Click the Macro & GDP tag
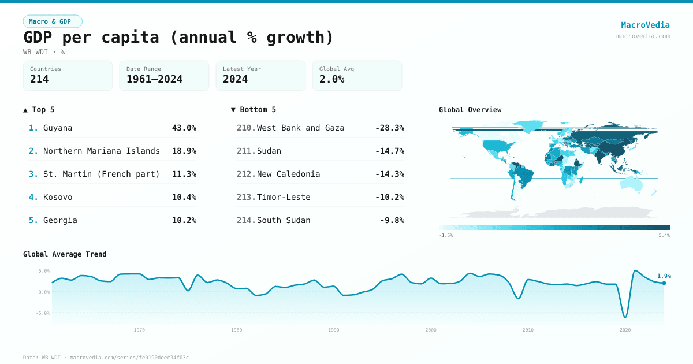coord(53,21)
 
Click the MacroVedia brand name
coord(645,25)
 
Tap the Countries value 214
coord(39,79)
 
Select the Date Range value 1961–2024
coord(154,79)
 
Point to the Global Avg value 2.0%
coord(331,79)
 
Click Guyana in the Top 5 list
coord(58,128)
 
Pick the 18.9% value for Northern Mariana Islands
coord(184,151)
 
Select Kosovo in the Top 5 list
coord(58,197)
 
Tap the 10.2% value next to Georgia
coord(184,220)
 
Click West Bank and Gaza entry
coord(300,128)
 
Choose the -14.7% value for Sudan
coord(389,151)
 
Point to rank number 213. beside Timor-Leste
coord(246,197)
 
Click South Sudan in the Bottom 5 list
coord(284,220)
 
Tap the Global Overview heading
coord(470,110)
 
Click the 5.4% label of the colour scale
coord(664,235)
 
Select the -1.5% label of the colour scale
coord(446,235)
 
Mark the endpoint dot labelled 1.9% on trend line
coord(664,283)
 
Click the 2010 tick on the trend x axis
coord(528,330)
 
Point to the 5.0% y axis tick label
coord(44,270)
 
